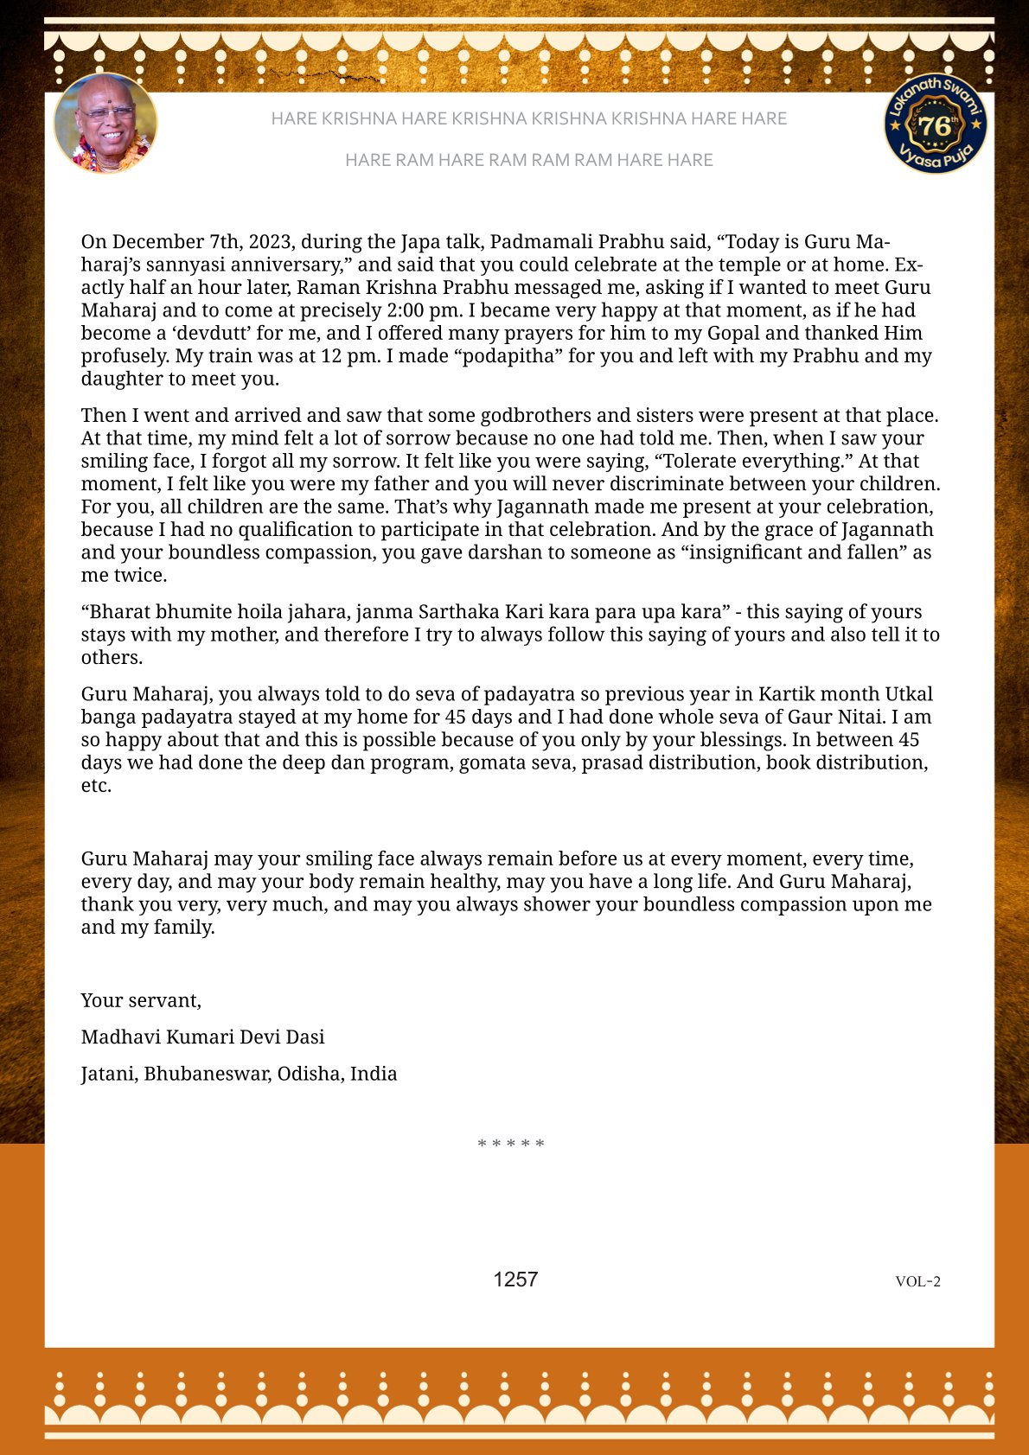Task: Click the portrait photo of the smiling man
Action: point(105,123)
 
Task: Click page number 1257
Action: point(515,1280)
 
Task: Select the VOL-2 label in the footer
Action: point(917,1281)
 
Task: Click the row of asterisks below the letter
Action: point(511,1144)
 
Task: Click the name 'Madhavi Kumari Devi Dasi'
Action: point(203,1037)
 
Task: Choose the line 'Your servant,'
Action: point(141,1000)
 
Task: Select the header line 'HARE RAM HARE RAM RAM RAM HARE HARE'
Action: point(528,160)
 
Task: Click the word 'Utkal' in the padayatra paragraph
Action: point(909,694)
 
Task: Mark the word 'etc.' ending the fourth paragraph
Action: point(96,786)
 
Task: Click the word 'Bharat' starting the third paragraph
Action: point(119,612)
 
